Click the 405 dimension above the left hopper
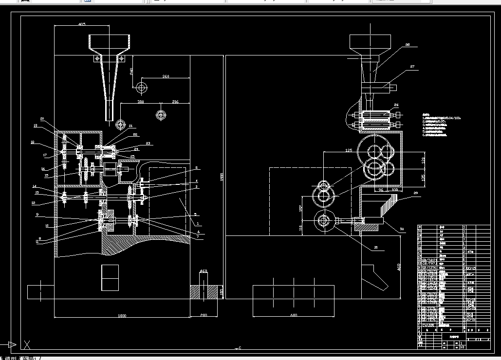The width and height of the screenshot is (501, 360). (x=81, y=24)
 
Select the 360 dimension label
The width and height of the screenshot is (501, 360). (x=166, y=76)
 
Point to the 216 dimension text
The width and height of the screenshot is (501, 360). (x=176, y=102)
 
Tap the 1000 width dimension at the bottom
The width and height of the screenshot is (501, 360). (x=122, y=316)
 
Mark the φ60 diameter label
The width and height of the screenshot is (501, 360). (x=204, y=271)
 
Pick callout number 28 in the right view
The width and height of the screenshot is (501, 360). (x=408, y=45)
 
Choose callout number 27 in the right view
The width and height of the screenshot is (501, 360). (x=412, y=67)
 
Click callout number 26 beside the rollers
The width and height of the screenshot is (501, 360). (x=396, y=105)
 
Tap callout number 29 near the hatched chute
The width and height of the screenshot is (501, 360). (x=415, y=194)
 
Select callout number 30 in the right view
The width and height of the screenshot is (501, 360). (x=402, y=229)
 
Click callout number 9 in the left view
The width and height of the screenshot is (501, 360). (x=37, y=214)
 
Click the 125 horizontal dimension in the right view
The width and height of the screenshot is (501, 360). (x=335, y=150)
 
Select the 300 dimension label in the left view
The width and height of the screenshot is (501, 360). (x=141, y=102)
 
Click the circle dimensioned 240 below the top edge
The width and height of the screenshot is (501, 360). (x=142, y=88)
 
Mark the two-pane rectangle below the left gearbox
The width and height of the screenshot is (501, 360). (x=110, y=278)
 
